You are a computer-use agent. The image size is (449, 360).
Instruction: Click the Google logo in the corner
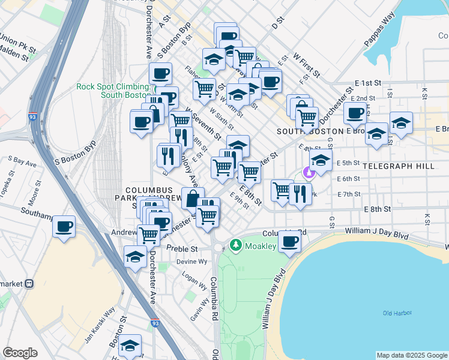pos(20,353)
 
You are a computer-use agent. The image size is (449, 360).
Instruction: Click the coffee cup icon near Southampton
pos(64,227)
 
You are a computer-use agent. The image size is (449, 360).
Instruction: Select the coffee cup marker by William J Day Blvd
pos(289,241)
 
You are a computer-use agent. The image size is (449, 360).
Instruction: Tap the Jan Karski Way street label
pos(99,324)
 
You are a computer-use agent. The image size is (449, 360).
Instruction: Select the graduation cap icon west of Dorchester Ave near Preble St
pos(136,256)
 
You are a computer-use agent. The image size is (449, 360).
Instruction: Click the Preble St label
pos(185,248)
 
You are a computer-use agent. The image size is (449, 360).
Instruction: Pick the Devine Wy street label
pos(191,262)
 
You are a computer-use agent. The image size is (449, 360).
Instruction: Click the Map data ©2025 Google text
pos(411,355)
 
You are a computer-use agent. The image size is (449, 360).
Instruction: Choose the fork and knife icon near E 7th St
pos(300,193)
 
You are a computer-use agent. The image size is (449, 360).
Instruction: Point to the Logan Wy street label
pos(190,280)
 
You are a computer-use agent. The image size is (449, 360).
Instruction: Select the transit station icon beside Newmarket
pos(29,283)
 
